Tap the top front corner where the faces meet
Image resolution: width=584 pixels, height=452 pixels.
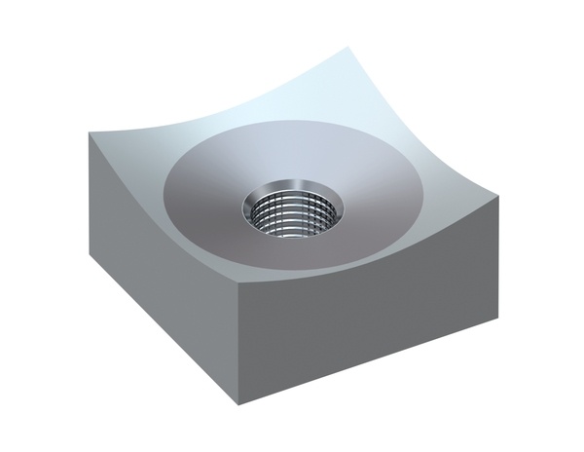239,282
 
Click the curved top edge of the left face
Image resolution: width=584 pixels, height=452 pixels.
156,224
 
